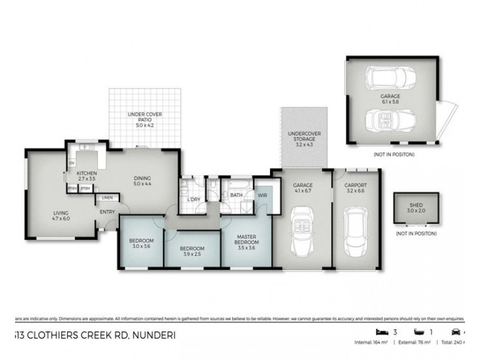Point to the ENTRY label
click(107, 211)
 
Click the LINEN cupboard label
click(107, 197)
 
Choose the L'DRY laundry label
click(193, 199)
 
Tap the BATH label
click(236, 194)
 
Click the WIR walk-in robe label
click(262, 194)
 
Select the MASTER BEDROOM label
click(247, 239)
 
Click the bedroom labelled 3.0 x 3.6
click(142, 244)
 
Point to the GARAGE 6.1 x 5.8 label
click(390, 99)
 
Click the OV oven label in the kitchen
click(71, 163)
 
